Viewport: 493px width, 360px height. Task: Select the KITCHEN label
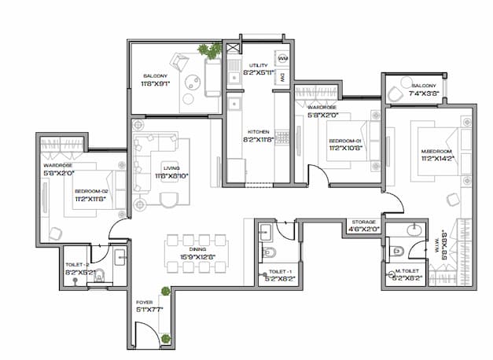click(x=259, y=131)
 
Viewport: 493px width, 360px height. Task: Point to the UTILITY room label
click(x=259, y=65)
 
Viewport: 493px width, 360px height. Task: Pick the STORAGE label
click(x=363, y=222)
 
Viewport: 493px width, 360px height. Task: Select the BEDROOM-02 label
click(x=91, y=191)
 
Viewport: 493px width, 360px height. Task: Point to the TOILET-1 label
click(x=279, y=270)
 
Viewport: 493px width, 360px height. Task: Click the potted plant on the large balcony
click(x=209, y=51)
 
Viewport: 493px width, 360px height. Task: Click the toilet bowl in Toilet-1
click(x=269, y=253)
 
